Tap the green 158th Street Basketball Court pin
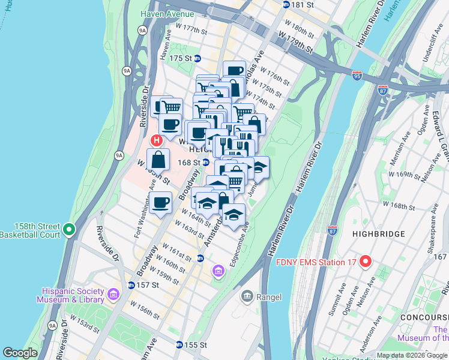(70, 229)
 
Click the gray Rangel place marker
(247, 296)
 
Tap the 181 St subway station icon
(286, 4)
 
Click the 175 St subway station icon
(197, 58)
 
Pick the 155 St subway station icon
(179, 345)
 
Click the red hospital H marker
(156, 140)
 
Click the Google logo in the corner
(20, 353)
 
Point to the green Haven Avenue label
(167, 14)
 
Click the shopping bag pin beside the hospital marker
(158, 160)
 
